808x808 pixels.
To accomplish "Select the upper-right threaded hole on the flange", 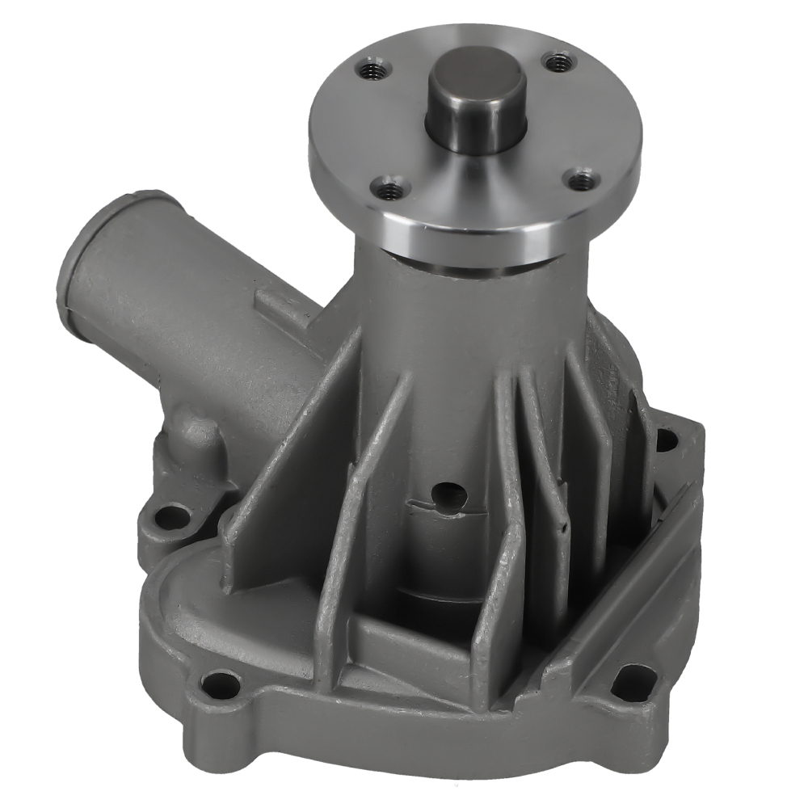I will click(x=558, y=61).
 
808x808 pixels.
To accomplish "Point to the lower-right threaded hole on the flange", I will click(x=579, y=180).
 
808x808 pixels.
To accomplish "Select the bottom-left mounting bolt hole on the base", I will click(x=220, y=686).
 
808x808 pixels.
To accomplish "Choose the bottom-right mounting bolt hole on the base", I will click(x=633, y=680).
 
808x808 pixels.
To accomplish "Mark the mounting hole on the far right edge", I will click(x=666, y=440).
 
